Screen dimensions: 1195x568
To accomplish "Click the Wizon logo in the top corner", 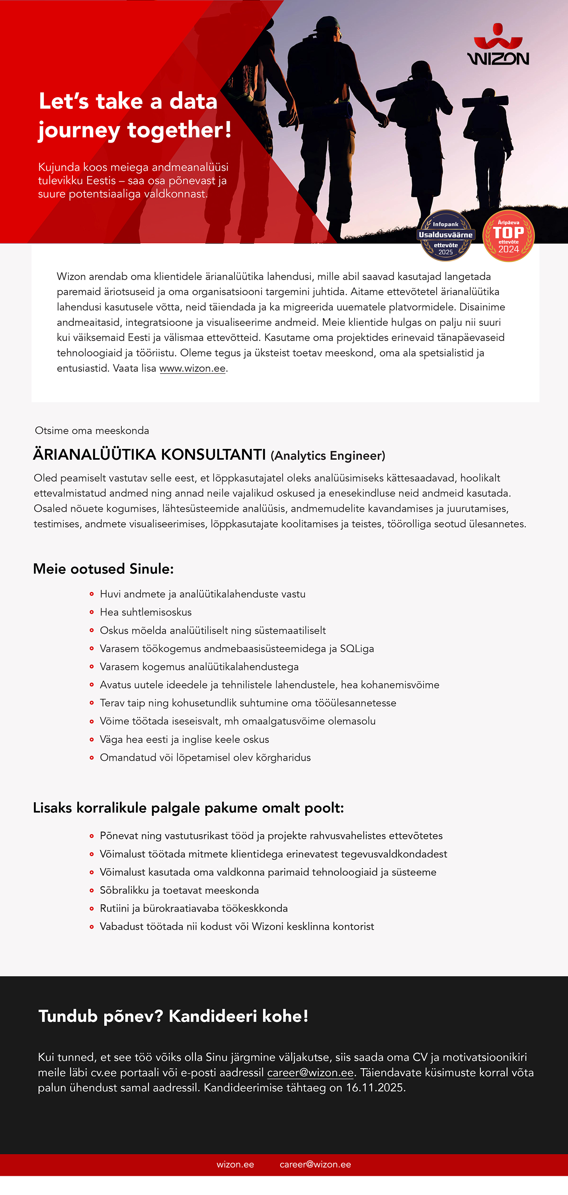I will click(x=498, y=45).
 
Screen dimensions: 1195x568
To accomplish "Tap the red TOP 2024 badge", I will click(x=508, y=236).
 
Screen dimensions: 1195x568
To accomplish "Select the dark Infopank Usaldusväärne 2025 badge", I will click(x=445, y=236).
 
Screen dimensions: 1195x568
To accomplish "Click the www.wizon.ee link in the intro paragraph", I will click(x=192, y=368).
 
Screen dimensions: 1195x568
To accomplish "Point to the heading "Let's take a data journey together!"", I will click(x=135, y=115).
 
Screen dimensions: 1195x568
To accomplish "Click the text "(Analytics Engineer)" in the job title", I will click(x=328, y=456).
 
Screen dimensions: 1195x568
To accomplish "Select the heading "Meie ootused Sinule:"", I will click(x=103, y=569).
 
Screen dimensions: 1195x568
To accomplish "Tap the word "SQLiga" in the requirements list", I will click(x=357, y=648).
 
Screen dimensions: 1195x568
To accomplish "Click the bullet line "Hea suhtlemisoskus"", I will click(x=146, y=612).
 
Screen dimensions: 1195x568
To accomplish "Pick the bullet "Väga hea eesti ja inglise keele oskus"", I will click(x=184, y=739).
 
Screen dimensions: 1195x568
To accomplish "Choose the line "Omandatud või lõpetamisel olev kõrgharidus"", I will click(x=205, y=758).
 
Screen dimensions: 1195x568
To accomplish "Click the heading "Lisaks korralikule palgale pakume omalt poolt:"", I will click(x=188, y=808).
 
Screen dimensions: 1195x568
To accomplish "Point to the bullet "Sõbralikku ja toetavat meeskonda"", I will click(x=179, y=890).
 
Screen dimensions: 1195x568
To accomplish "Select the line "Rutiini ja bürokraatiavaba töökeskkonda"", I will click(x=194, y=908).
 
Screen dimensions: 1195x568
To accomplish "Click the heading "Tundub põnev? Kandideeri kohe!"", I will click(x=174, y=1016).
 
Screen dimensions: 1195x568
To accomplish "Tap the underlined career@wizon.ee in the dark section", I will click(x=310, y=1073).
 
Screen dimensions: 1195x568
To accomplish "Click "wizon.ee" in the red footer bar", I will click(x=235, y=1164).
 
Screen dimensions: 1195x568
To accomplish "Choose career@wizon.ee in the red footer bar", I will click(x=315, y=1164).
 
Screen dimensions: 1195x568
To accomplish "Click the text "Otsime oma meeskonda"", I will click(x=92, y=431).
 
